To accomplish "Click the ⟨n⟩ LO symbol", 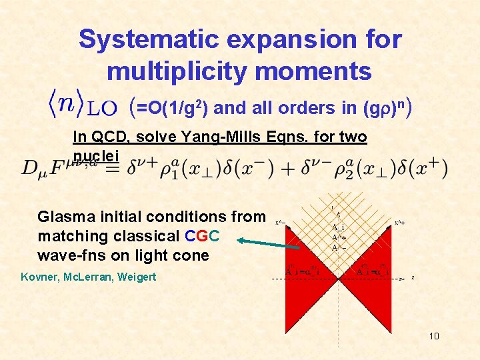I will pyautogui.click(x=83, y=105).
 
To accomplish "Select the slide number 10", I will pyautogui.click(x=434, y=336).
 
